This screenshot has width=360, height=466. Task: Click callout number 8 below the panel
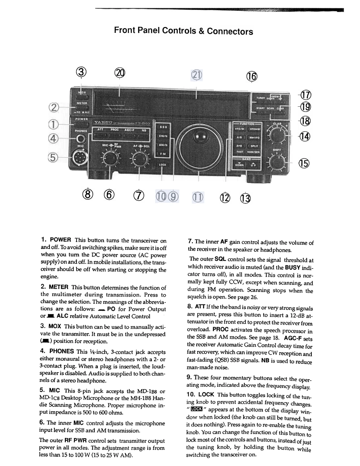[x=86, y=194]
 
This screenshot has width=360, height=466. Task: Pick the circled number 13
[x=246, y=195]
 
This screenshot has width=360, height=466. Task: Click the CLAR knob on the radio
[x=277, y=134]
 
